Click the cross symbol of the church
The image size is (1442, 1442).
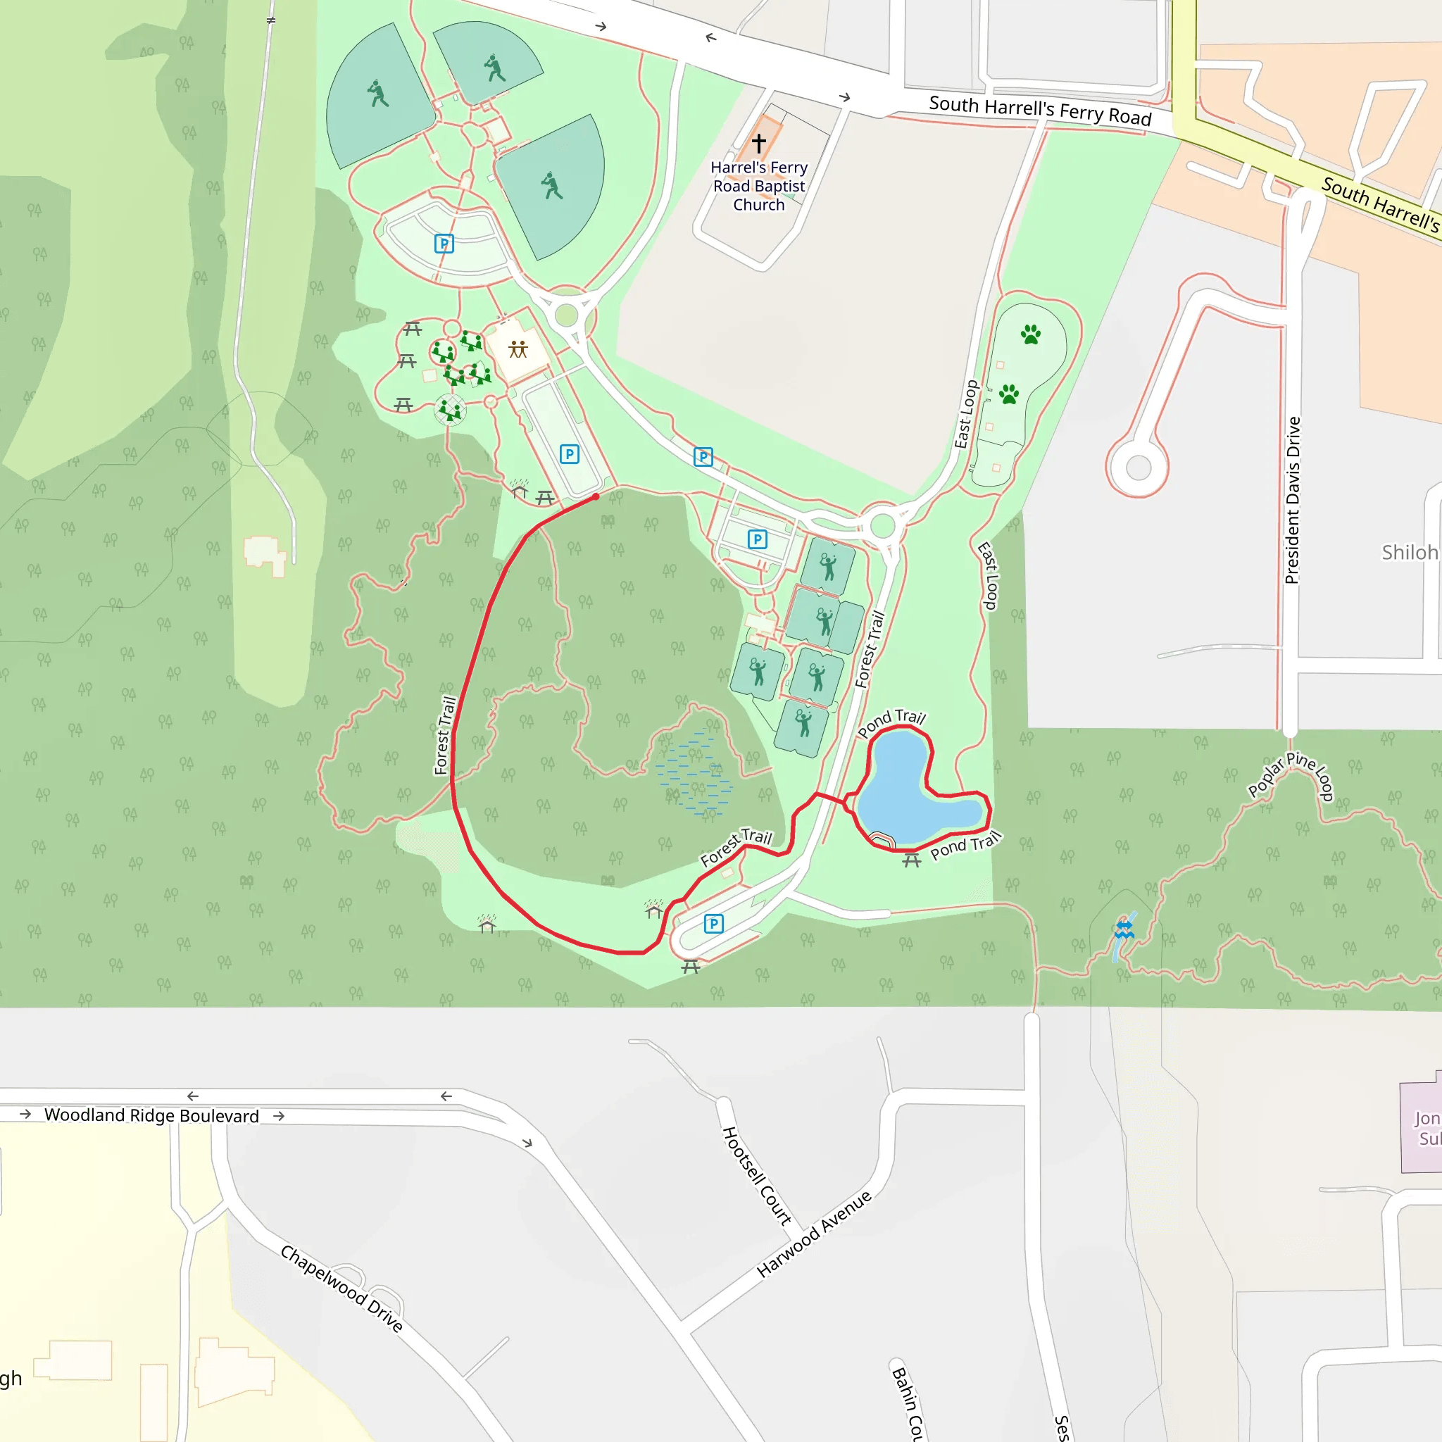pyautogui.click(x=759, y=142)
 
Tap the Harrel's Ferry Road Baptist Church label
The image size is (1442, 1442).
pyautogui.click(x=759, y=186)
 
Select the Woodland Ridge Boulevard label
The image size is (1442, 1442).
pyautogui.click(x=151, y=1115)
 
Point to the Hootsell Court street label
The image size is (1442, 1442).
pyautogui.click(x=756, y=1177)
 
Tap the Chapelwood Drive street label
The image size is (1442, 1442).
pyautogui.click(x=341, y=1289)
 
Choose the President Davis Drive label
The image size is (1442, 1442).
pyautogui.click(x=1293, y=500)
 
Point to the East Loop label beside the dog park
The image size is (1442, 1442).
pyautogui.click(x=967, y=414)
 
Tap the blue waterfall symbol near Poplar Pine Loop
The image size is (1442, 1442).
pyautogui.click(x=1124, y=930)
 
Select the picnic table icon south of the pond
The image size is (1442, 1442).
pyautogui.click(x=911, y=861)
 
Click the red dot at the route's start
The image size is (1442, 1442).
pyautogui.click(x=596, y=496)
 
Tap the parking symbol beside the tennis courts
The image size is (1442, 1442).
pyautogui.click(x=758, y=539)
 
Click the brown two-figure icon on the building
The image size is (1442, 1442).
pyautogui.click(x=518, y=349)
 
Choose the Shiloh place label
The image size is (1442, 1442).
pyautogui.click(x=1409, y=552)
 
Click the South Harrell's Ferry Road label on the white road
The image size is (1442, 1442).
pyautogui.click(x=1040, y=111)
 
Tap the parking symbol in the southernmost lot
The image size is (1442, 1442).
pyautogui.click(x=713, y=924)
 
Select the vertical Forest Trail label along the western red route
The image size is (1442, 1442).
pyautogui.click(x=446, y=735)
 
